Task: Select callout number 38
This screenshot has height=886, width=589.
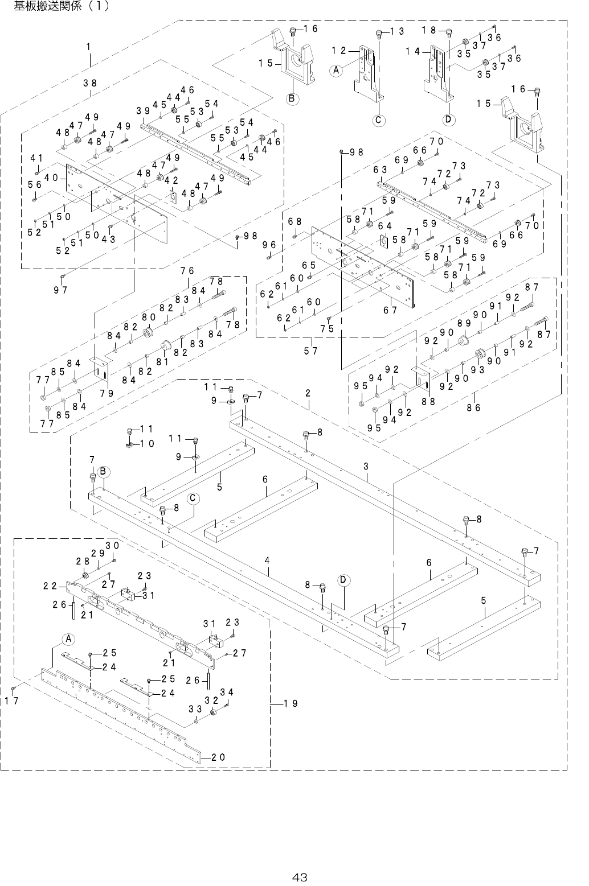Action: pos(89,83)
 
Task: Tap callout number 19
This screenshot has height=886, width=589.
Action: pos(291,703)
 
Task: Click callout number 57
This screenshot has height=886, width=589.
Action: pos(310,351)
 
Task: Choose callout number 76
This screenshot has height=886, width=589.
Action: pos(188,270)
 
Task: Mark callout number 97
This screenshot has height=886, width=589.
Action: pos(61,290)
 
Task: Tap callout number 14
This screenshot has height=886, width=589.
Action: pos(414,51)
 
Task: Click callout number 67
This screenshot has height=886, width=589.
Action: pos(391,310)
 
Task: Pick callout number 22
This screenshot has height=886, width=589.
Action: pos(50,585)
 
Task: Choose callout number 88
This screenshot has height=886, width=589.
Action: pos(428,401)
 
